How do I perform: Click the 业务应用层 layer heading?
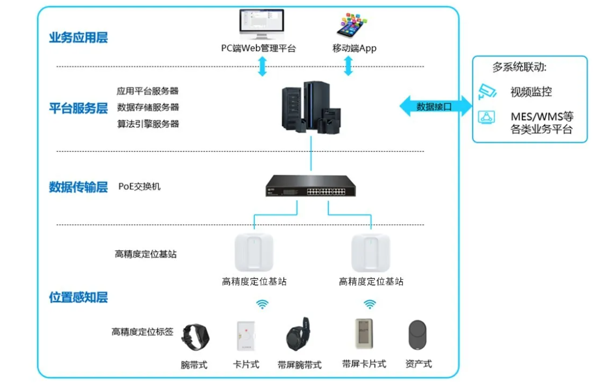[78, 38]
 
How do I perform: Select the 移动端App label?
[354, 48]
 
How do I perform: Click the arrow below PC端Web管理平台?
[262, 66]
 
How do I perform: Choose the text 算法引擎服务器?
[148, 123]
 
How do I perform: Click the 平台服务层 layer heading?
[78, 108]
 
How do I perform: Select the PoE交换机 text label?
[140, 186]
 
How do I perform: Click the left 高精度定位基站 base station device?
[254, 253]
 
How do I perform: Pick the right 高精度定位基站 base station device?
[371, 253]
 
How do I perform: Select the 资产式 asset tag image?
[418, 335]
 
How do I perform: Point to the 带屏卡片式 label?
[364, 364]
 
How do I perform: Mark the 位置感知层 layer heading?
[78, 297]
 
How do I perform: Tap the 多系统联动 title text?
[520, 68]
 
